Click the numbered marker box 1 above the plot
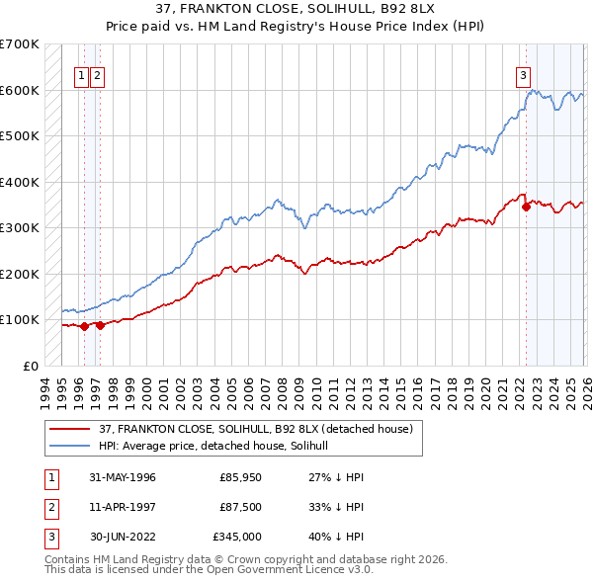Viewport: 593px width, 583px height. coord(83,74)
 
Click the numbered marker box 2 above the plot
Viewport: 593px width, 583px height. coord(99,74)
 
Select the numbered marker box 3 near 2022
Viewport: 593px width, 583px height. coord(522,74)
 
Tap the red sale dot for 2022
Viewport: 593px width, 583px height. coord(526,208)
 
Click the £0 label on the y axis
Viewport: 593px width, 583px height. coord(30,366)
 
